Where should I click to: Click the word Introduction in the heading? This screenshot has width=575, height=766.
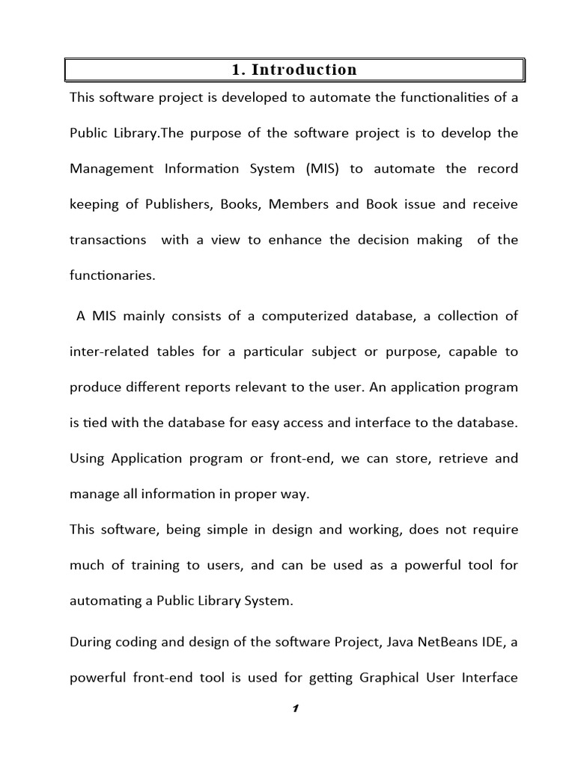point(304,70)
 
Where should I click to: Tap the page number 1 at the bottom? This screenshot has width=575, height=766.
point(296,710)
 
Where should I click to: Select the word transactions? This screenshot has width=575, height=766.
point(109,240)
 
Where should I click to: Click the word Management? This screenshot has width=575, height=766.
point(112,168)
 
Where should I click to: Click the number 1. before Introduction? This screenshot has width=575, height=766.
point(238,70)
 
